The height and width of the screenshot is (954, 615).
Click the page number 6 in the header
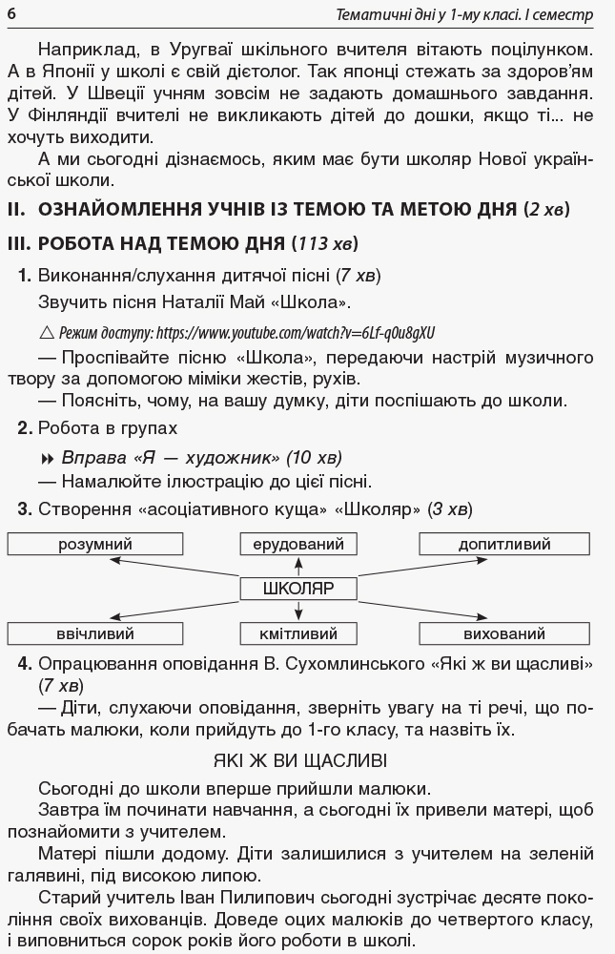10,15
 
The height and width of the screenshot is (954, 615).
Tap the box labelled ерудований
297,545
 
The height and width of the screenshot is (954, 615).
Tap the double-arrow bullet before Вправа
50,457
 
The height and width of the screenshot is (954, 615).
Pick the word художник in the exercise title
211,457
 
